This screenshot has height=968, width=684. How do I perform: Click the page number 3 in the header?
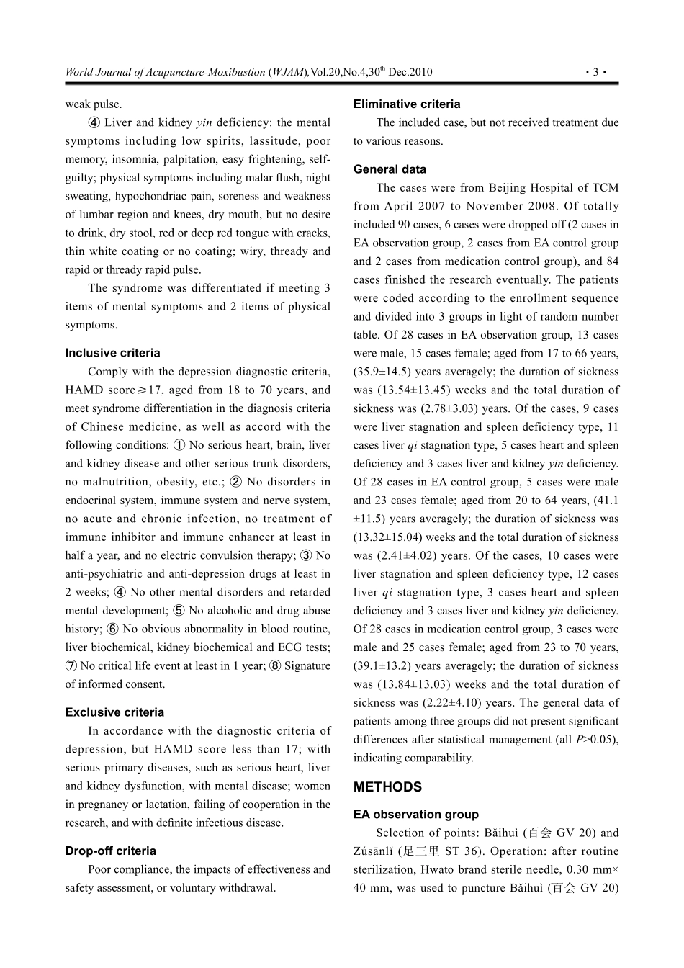tap(596, 72)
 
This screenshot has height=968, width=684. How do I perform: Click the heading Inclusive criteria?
tap(112, 353)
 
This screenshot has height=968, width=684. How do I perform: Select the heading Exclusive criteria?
tap(114, 712)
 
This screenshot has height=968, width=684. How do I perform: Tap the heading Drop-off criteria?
tap(110, 851)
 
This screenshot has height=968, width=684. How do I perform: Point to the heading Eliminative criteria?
tap(407, 104)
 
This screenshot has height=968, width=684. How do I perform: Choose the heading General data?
tap(390, 169)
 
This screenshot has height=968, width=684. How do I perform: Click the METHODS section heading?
tap(387, 787)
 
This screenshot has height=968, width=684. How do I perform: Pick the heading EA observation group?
tap(415, 815)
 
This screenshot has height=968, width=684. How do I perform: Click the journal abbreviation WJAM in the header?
tap(288, 72)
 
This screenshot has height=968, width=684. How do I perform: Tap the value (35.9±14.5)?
tap(384, 372)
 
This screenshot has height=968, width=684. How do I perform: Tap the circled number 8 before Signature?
tap(275, 666)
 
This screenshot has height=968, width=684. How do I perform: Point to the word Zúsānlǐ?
tap(373, 851)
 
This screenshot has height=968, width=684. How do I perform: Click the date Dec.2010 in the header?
tap(410, 72)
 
